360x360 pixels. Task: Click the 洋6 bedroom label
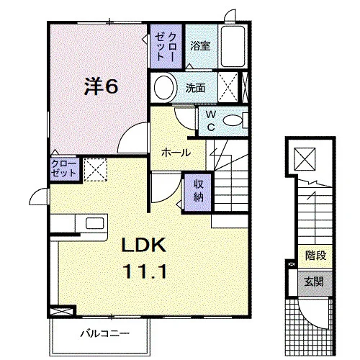point(101,86)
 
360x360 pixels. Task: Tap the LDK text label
point(144,245)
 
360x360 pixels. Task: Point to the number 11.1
point(145,271)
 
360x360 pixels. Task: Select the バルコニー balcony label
point(105,333)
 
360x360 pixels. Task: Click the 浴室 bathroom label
point(200,45)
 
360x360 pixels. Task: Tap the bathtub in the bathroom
point(233,46)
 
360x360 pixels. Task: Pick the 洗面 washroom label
point(195,89)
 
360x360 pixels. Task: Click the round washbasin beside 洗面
point(164,88)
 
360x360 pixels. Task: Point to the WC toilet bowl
point(233,120)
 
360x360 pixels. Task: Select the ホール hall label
point(176,153)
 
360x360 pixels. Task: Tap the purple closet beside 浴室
point(166,47)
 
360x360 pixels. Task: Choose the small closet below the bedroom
point(64,168)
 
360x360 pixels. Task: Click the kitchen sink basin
point(95,223)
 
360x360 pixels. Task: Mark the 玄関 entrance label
point(314,282)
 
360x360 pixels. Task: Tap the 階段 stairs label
point(315,256)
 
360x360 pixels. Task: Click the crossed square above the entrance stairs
point(305,159)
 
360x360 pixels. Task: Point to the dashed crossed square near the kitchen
point(95,169)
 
